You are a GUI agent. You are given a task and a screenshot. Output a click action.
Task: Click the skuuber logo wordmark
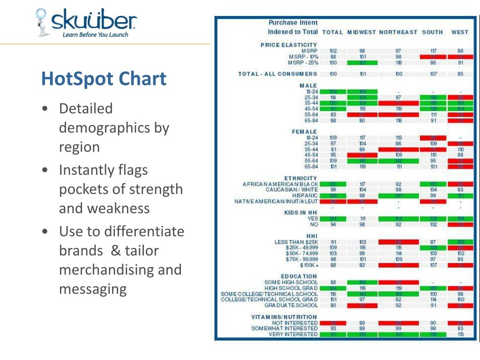click(x=94, y=21)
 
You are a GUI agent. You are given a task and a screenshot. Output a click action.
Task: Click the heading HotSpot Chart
click(x=104, y=78)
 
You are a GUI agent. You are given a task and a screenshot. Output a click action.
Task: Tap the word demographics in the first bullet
click(x=114, y=128)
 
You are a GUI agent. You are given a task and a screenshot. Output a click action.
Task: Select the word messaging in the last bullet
click(x=92, y=289)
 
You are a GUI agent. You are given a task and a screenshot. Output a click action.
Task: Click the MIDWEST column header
click(x=361, y=32)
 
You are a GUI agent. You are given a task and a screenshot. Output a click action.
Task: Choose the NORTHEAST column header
click(x=398, y=32)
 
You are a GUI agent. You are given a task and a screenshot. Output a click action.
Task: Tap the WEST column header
click(x=459, y=32)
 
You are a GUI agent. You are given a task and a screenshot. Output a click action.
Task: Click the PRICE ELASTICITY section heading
click(x=289, y=45)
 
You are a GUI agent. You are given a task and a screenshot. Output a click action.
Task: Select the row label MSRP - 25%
click(x=303, y=62)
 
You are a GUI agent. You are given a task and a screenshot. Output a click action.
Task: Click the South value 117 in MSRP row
click(x=433, y=51)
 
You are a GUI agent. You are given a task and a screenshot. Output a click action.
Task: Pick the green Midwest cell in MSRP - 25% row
click(x=362, y=62)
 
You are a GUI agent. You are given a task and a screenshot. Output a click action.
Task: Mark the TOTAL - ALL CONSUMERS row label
click(x=277, y=74)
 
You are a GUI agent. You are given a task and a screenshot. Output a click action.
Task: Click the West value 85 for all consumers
click(x=460, y=74)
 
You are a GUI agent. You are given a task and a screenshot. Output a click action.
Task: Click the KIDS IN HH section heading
click(x=301, y=213)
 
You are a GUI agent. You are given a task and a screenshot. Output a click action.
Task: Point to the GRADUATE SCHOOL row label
click(x=291, y=306)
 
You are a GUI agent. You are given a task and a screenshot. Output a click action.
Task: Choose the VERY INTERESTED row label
click(x=293, y=335)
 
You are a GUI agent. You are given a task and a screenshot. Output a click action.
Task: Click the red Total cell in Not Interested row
click(x=333, y=323)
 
